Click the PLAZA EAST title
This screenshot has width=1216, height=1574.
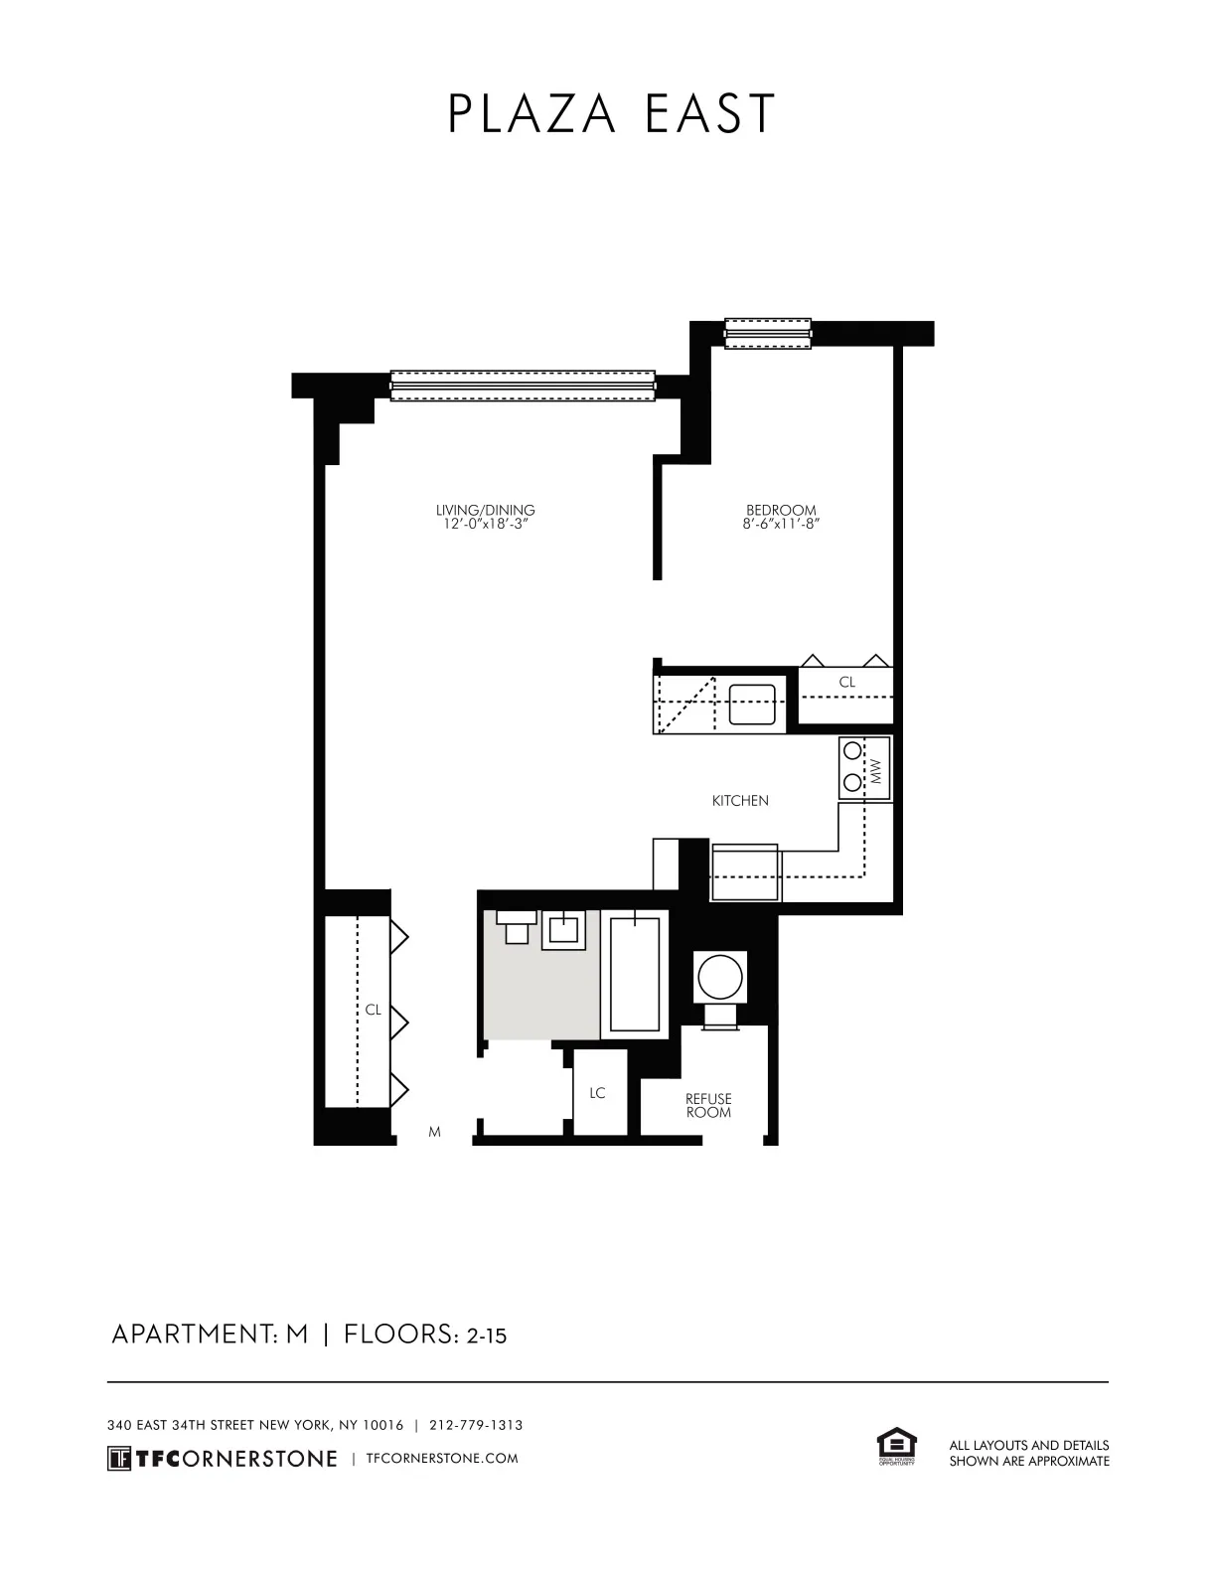click(x=610, y=114)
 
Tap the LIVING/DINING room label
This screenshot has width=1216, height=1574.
click(x=486, y=511)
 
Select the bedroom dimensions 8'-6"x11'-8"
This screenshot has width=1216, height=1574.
click(x=781, y=524)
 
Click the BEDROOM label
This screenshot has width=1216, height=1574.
click(x=781, y=511)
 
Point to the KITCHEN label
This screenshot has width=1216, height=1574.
click(x=740, y=800)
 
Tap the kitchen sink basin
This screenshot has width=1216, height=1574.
click(x=752, y=705)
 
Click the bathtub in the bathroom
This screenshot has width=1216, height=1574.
click(x=635, y=975)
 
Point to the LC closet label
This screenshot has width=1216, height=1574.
click(x=597, y=1093)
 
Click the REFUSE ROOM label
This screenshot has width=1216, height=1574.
click(x=708, y=1105)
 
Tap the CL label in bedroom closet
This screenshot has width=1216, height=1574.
click(x=846, y=683)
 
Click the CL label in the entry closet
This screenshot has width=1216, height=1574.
click(x=373, y=1010)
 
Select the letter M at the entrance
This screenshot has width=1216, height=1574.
click(x=434, y=1132)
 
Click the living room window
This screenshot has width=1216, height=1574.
click(x=524, y=386)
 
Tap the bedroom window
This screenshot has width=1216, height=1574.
click(x=768, y=334)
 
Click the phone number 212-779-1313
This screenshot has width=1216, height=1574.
click(x=476, y=1425)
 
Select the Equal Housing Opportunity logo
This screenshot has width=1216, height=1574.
click(x=895, y=1447)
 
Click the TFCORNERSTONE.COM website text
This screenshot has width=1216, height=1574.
click(x=442, y=1459)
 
